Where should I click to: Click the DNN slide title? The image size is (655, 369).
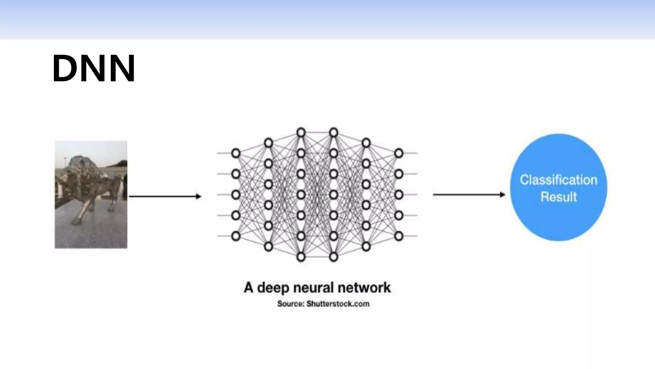[x=94, y=69]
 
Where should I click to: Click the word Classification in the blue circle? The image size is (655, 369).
[x=558, y=180]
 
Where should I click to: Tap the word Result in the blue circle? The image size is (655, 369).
[x=558, y=197]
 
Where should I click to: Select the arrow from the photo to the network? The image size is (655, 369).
[x=165, y=196]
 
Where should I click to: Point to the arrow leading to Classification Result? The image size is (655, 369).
[x=469, y=194]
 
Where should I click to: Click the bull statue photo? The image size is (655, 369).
[x=91, y=194]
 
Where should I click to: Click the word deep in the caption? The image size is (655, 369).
[x=273, y=288]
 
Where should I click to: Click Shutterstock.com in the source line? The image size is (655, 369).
[x=338, y=304]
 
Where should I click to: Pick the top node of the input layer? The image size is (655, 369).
[x=236, y=153]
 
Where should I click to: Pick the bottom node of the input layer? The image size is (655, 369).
[x=236, y=236]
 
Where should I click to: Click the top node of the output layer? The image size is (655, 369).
[x=399, y=153]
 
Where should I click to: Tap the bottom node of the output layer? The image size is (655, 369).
[x=399, y=236]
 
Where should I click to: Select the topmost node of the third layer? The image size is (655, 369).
[x=301, y=132]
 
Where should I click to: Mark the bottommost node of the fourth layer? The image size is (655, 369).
[x=334, y=257]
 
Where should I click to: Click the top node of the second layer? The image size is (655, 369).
[x=268, y=143]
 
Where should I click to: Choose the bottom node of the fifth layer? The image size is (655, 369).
[x=366, y=247]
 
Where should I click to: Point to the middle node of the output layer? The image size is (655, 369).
[x=399, y=195]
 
